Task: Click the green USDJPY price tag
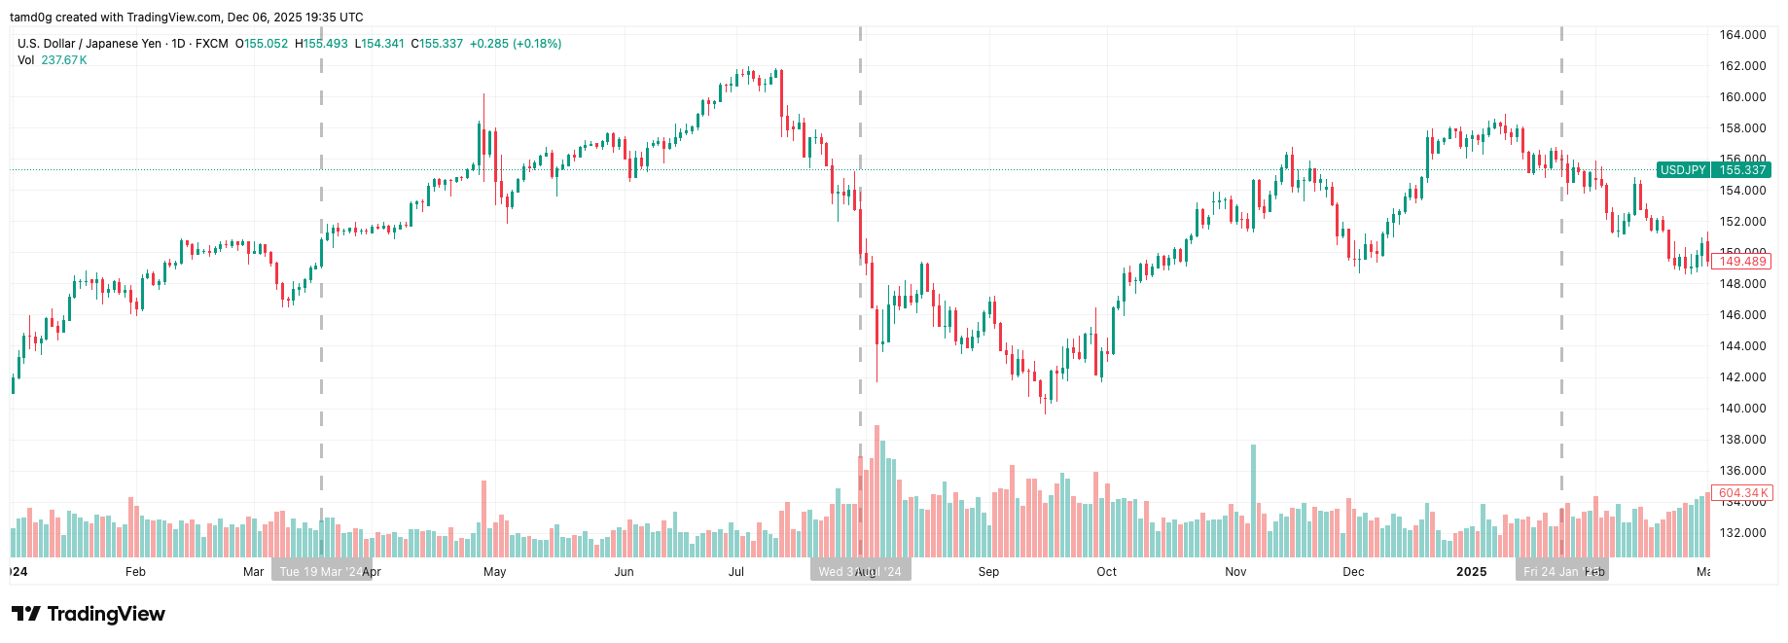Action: (1683, 170)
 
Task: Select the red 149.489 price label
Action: (1741, 262)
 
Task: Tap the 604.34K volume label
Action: (1741, 493)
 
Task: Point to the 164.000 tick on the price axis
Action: (1742, 35)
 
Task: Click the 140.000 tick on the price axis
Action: (1742, 409)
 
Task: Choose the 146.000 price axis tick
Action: (1742, 315)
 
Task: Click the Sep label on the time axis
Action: (988, 572)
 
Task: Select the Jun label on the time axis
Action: (624, 572)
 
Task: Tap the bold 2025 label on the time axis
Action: (1471, 572)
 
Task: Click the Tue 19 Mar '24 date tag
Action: (320, 572)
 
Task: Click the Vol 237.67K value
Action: (64, 60)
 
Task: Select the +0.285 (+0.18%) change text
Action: (515, 44)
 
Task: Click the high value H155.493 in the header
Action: (321, 44)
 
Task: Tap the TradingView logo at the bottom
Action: (89, 614)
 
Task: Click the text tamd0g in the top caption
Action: (30, 18)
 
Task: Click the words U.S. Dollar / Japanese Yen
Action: (89, 44)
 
